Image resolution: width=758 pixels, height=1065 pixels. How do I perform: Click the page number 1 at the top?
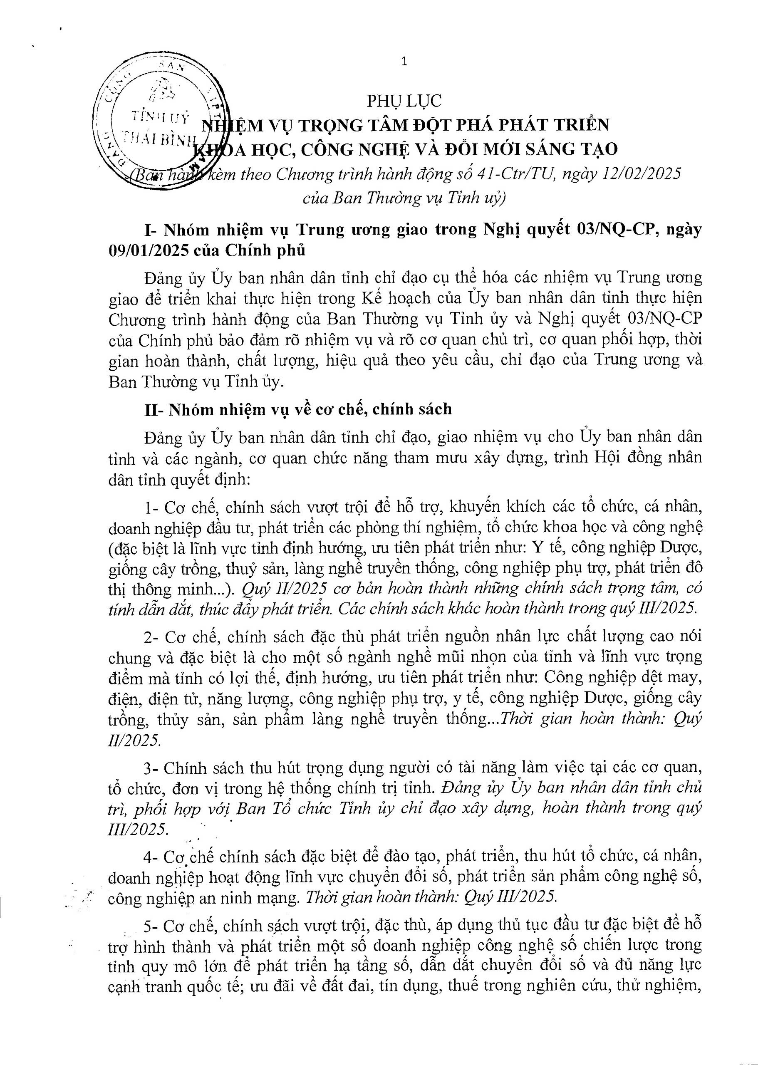(404, 62)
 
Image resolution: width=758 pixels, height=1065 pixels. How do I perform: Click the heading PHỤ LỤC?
(404, 101)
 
